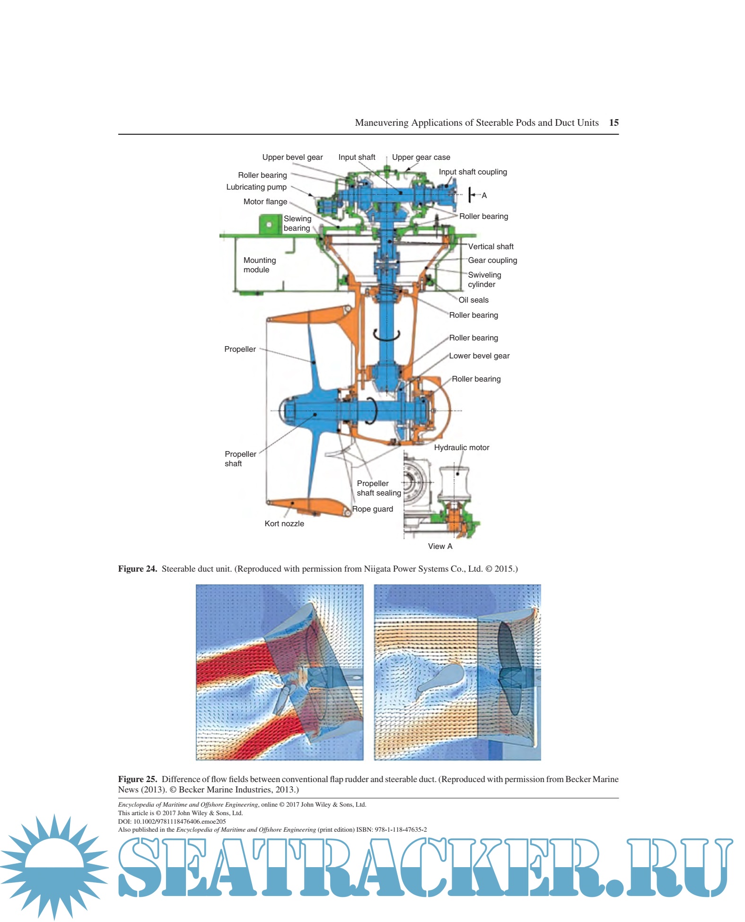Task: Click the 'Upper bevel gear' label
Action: pyautogui.click(x=292, y=157)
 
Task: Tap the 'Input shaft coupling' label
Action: pyautogui.click(x=473, y=172)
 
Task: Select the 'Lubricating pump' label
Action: pyautogui.click(x=256, y=187)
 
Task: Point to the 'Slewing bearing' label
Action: pyautogui.click(x=297, y=223)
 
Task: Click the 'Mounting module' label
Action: pyautogui.click(x=259, y=265)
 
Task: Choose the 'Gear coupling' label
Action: pyautogui.click(x=492, y=260)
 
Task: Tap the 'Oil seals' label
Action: pyautogui.click(x=473, y=300)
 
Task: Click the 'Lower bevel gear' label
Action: pyautogui.click(x=479, y=356)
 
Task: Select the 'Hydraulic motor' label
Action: pyautogui.click(x=461, y=447)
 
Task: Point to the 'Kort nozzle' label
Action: pyautogui.click(x=284, y=523)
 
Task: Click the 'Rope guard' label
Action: pyautogui.click(x=372, y=509)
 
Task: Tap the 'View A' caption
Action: pyautogui.click(x=440, y=546)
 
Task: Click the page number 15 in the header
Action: pyautogui.click(x=614, y=122)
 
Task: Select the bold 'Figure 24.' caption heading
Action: pyautogui.click(x=137, y=569)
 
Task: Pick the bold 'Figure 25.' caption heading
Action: pyautogui.click(x=137, y=779)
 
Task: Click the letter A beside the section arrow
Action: pyautogui.click(x=484, y=195)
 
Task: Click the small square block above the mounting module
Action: pyautogui.click(x=270, y=224)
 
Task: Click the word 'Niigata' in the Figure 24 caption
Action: pyautogui.click(x=377, y=569)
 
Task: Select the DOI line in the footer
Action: pyautogui.click(x=172, y=821)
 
